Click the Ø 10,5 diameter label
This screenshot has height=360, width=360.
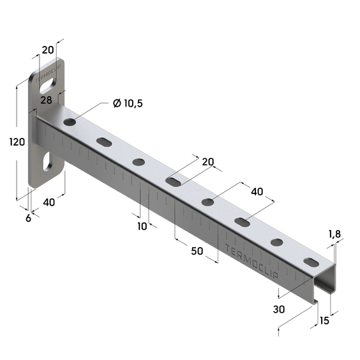point(128,103)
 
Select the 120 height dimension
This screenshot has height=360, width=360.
point(17,142)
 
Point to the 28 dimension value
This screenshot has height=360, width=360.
point(46,100)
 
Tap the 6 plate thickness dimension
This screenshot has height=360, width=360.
point(28,218)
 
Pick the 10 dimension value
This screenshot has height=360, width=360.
point(142,227)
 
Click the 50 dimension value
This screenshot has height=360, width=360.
point(197,251)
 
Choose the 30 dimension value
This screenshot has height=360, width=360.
point(279,310)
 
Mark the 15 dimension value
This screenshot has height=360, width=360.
point(324,320)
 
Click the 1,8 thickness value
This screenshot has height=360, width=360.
point(334,234)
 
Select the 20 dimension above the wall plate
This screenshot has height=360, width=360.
point(48,50)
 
